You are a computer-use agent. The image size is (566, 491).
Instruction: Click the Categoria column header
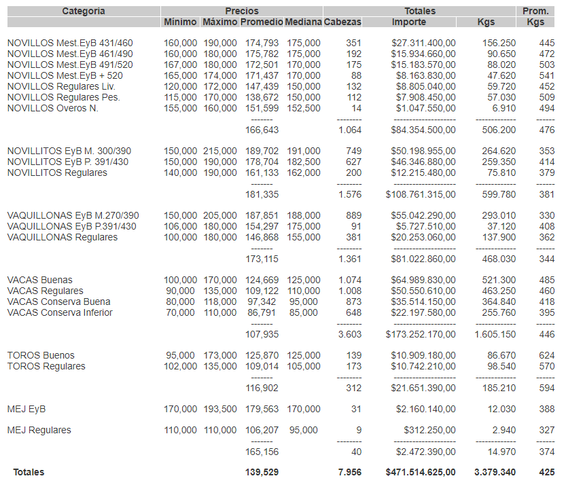click(x=83, y=11)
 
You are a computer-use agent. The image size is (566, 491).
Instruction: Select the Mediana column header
click(x=303, y=22)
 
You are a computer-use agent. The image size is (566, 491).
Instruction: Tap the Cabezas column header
click(x=342, y=22)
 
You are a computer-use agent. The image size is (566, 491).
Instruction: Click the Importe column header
click(x=409, y=22)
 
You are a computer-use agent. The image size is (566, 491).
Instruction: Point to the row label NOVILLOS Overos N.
click(x=53, y=108)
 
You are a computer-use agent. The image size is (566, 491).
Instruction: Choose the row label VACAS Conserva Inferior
click(x=60, y=312)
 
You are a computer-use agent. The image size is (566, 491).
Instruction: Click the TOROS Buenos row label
click(x=41, y=355)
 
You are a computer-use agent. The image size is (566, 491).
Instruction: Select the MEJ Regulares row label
click(x=39, y=430)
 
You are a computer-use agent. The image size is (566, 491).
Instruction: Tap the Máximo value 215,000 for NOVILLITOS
click(x=220, y=151)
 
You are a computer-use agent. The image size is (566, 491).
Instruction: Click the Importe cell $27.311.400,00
click(x=423, y=43)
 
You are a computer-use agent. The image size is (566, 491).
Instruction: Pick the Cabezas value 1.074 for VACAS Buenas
click(x=350, y=280)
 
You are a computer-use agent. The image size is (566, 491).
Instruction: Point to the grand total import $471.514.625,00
click(x=421, y=472)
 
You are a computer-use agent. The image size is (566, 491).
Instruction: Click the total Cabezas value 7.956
click(x=350, y=472)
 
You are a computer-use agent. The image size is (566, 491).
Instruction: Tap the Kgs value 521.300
click(x=499, y=280)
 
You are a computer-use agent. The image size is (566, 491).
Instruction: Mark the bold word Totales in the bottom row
click(x=29, y=472)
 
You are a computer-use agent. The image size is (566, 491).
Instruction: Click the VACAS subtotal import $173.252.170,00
click(x=421, y=334)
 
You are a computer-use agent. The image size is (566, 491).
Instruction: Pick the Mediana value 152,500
click(x=303, y=108)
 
